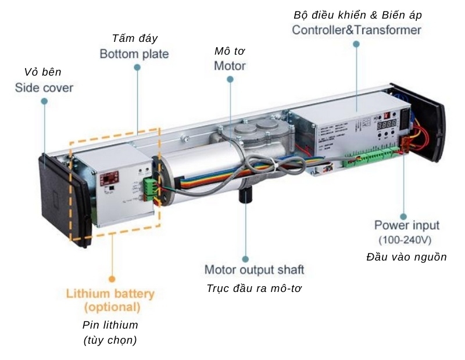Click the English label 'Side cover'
coord(44,88)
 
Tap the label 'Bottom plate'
coord(134,54)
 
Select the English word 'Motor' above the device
coord(230,66)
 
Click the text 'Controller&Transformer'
coord(356,30)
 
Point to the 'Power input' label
coord(406,225)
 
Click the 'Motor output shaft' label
coord(254,270)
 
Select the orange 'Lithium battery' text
coord(110,294)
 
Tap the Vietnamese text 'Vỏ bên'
coord(42,73)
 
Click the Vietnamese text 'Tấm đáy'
coord(134,38)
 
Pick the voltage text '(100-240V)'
coord(405,240)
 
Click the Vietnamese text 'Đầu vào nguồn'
coord(406,257)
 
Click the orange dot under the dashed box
coord(112,280)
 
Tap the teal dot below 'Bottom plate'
coord(137,67)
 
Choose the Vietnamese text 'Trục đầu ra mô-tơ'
coord(254,288)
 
